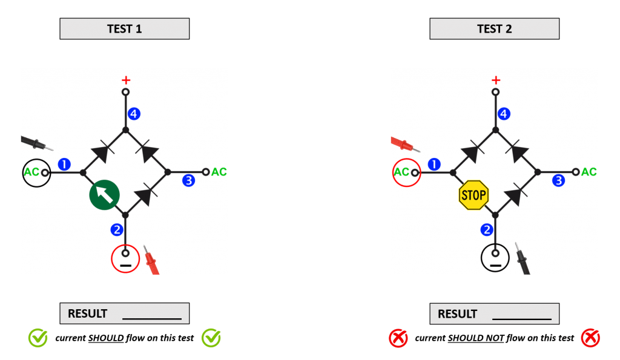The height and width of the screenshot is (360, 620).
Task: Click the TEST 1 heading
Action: tap(124, 29)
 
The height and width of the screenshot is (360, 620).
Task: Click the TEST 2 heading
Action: tap(494, 29)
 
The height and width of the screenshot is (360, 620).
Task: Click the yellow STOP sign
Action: tap(473, 195)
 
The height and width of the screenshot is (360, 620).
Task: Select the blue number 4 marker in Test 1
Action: tap(134, 113)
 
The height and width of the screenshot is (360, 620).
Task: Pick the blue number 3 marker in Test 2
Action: tap(558, 180)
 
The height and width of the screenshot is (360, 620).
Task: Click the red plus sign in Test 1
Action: tap(126, 80)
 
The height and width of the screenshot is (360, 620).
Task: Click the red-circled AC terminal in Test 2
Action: tap(406, 172)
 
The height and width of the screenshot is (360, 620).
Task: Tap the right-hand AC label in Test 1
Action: tap(219, 172)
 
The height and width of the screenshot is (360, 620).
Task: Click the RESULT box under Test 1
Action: tap(124, 313)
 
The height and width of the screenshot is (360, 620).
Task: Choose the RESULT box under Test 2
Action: tap(494, 313)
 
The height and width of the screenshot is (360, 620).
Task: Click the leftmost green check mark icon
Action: tap(38, 338)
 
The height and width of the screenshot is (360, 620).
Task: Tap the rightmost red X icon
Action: tap(590, 338)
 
